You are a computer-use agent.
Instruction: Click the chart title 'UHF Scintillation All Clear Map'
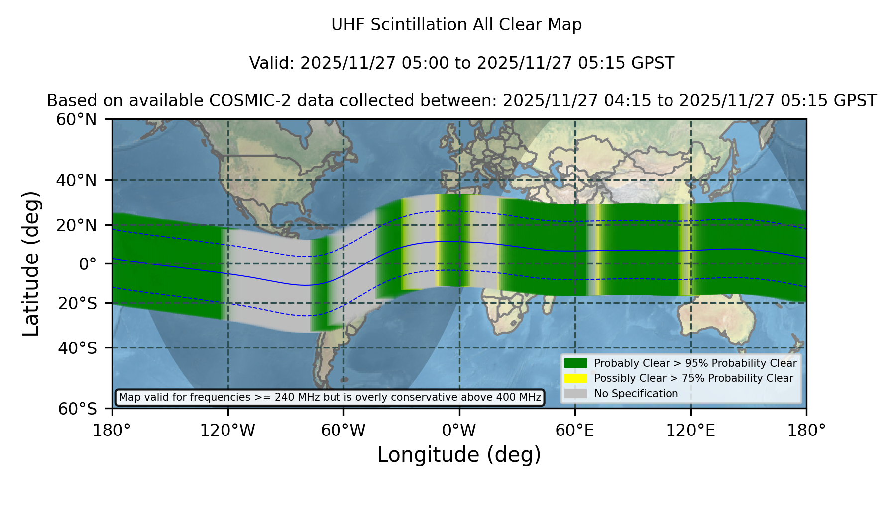click(456, 25)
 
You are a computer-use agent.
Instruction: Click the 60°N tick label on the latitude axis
click(76, 120)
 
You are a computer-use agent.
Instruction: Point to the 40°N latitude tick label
click(76, 180)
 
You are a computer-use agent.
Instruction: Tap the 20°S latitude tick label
click(78, 303)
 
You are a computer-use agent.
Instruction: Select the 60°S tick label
click(78, 409)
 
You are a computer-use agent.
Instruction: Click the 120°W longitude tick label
click(227, 431)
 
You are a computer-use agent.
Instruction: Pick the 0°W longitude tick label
click(459, 431)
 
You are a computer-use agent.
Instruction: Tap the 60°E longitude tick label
click(575, 431)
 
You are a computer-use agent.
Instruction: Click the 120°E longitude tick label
click(690, 431)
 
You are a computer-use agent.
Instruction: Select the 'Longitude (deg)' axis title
click(459, 455)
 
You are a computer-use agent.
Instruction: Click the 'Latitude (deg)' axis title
click(31, 263)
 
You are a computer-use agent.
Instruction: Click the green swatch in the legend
click(576, 363)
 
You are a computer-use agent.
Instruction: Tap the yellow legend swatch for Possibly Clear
click(576, 378)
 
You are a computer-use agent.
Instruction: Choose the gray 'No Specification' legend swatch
click(576, 394)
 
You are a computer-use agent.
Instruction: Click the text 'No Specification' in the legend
click(636, 394)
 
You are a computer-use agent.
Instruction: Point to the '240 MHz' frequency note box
click(330, 397)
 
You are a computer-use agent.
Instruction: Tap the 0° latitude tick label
click(88, 264)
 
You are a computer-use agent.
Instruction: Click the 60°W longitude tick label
click(343, 431)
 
